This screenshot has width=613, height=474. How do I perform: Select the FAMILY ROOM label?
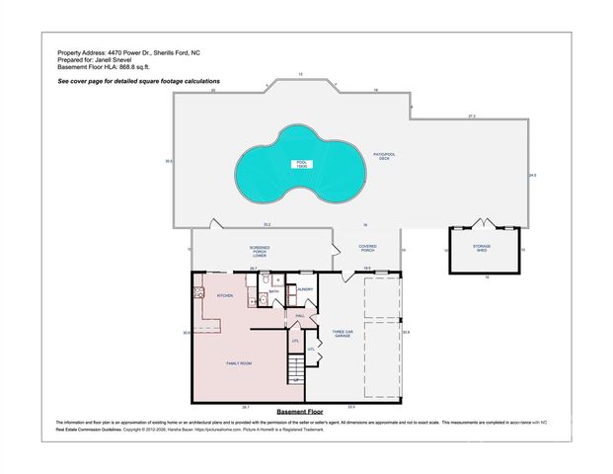(240, 364)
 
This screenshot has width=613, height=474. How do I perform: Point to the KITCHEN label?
(224, 295)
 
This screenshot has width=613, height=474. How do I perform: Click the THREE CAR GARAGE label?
(342, 334)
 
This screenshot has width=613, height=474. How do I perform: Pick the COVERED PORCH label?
(367, 247)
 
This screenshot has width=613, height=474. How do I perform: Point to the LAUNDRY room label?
(305, 289)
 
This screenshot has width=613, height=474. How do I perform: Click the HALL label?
(299, 315)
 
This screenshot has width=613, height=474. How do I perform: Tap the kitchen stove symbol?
(198, 292)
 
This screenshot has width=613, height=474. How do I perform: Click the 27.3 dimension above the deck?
(472, 117)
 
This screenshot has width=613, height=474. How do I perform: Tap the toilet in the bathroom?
(278, 281)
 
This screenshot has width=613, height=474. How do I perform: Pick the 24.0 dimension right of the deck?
(532, 175)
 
